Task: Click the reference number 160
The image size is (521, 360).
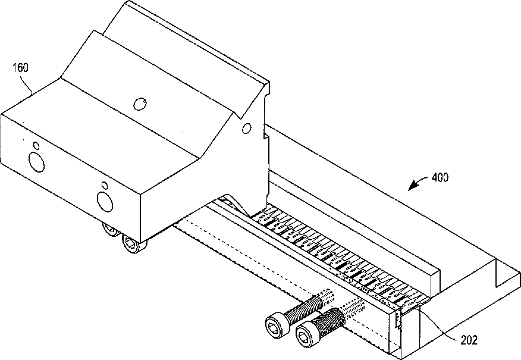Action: point(21,68)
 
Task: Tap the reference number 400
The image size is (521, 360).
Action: point(440,177)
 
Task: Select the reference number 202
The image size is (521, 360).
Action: point(469,340)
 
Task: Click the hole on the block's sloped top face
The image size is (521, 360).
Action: point(140,104)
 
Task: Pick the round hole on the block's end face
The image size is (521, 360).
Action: point(247,129)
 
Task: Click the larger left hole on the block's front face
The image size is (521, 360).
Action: point(36,162)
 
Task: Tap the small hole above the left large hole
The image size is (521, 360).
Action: point(36,146)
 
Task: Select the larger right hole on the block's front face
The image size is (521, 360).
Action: point(105,202)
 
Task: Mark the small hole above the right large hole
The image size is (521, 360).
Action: point(104,185)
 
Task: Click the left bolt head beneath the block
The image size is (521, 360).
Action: point(111,228)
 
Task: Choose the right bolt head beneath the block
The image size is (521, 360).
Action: point(134,244)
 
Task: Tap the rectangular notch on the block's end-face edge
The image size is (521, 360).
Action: point(266,136)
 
